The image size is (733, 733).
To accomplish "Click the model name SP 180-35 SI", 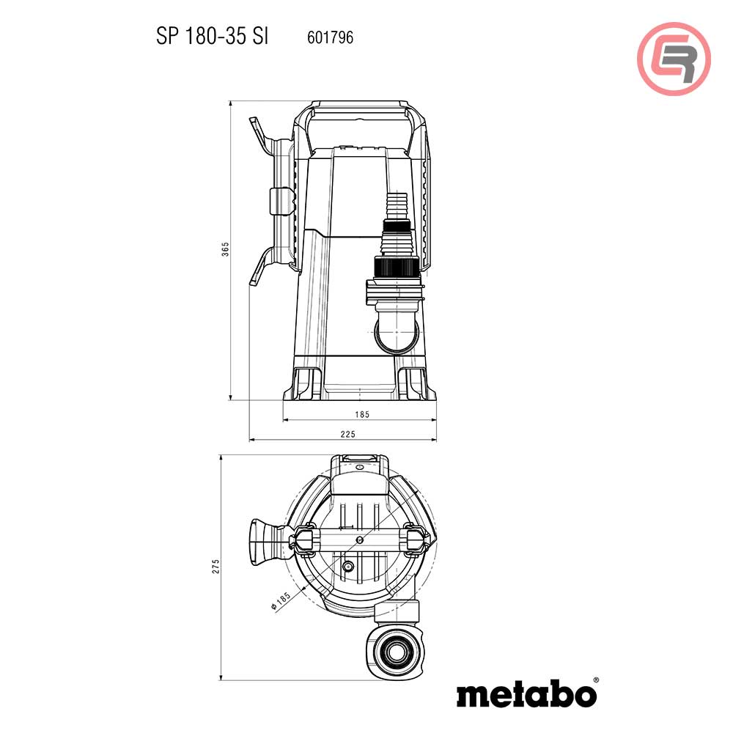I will pos(212,37).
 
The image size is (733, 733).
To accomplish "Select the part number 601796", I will pos(330,37).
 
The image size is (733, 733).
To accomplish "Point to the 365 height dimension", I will pos(226,250).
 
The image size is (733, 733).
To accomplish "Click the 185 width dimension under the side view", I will pos(361,414).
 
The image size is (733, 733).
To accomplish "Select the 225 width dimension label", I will pos(348,435).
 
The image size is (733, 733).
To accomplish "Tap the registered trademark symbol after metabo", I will pos(595,680).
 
